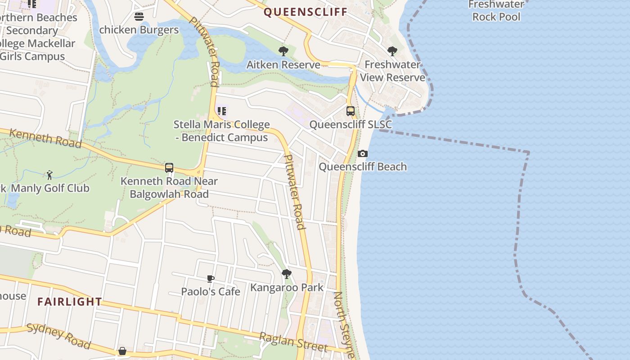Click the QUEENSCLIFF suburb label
(x=305, y=12)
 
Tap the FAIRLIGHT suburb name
(x=70, y=301)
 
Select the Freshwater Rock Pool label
(x=496, y=11)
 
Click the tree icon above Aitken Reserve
(x=283, y=51)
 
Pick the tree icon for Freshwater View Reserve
(x=392, y=51)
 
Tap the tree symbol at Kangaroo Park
(x=286, y=274)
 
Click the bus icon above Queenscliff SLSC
(x=350, y=111)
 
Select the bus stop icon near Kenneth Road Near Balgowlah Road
(x=169, y=168)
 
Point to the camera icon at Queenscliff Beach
(x=362, y=153)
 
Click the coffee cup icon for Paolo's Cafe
(x=210, y=279)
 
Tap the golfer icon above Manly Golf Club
(x=49, y=175)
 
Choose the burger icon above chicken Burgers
(x=139, y=17)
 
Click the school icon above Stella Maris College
(x=221, y=111)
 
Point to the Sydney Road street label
(x=58, y=336)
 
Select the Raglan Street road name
(x=293, y=342)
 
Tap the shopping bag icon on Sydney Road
(x=122, y=351)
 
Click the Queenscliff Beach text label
(x=363, y=167)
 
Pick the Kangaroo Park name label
(x=287, y=287)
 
